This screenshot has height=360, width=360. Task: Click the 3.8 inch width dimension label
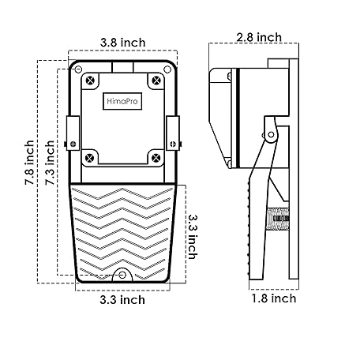pos(122,43)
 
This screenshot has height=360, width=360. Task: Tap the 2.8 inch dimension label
pos(259,37)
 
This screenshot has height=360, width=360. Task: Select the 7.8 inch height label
pos(30,163)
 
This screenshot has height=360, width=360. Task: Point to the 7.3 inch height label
pos(50,163)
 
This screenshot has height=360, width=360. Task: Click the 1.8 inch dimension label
pos(274,298)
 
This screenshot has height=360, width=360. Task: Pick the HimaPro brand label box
pos(122,101)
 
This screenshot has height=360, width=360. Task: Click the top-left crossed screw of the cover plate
pos(90,80)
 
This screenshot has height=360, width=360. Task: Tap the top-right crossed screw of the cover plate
pos(156,80)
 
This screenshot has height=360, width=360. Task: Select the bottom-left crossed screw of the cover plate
pos(90,158)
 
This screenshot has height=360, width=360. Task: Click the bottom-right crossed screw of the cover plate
pos(156,158)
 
